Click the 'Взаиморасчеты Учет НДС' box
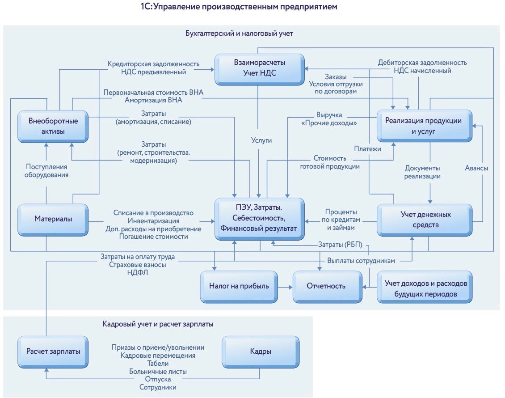point(259,69)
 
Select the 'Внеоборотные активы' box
point(53,126)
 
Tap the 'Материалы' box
point(53,219)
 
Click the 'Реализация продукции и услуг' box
point(425,126)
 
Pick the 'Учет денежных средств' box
point(425,219)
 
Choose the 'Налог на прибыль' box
point(239,286)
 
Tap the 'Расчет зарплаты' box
point(53,351)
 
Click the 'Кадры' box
point(261,351)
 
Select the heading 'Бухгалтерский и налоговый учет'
point(239,34)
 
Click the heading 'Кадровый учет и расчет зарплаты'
point(158,324)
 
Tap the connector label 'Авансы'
point(476,168)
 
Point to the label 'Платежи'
point(368,149)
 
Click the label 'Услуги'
point(261,140)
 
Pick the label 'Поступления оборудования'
point(46,170)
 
